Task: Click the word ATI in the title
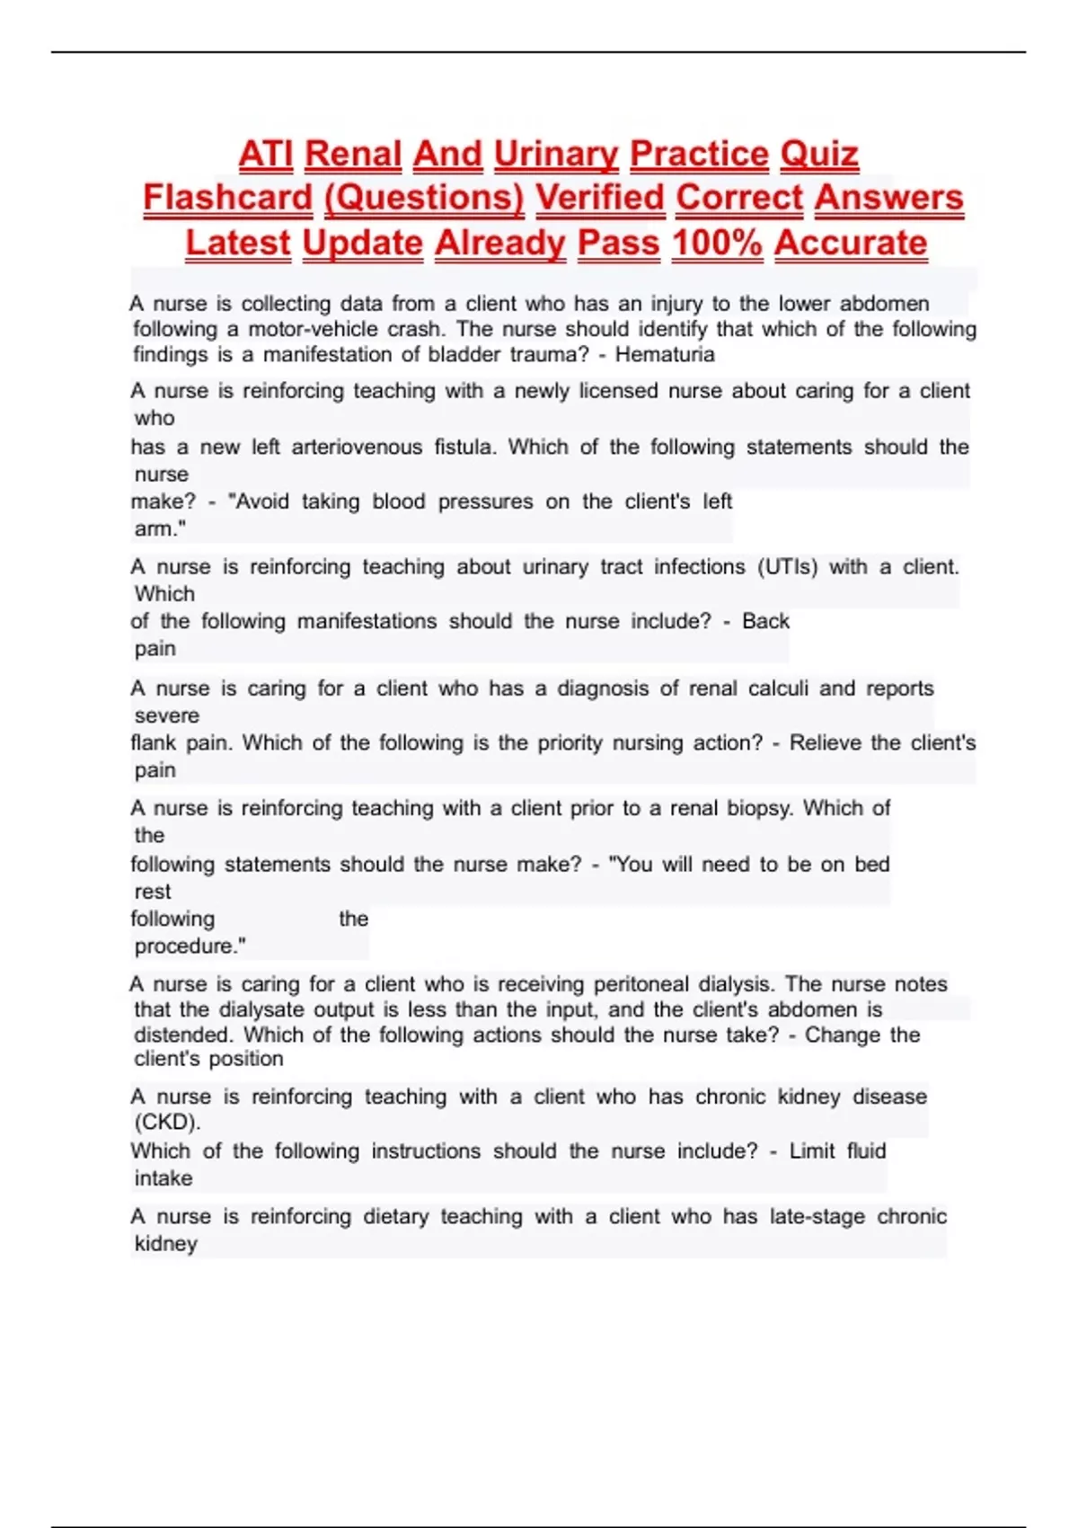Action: [266, 154]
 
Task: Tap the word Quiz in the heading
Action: [819, 154]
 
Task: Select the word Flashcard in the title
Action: [228, 198]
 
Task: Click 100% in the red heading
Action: [717, 243]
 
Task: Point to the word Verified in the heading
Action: [600, 198]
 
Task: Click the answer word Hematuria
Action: [665, 354]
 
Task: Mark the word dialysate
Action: [261, 1009]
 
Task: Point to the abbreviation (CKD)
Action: [167, 1122]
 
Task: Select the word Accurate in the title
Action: [851, 243]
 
